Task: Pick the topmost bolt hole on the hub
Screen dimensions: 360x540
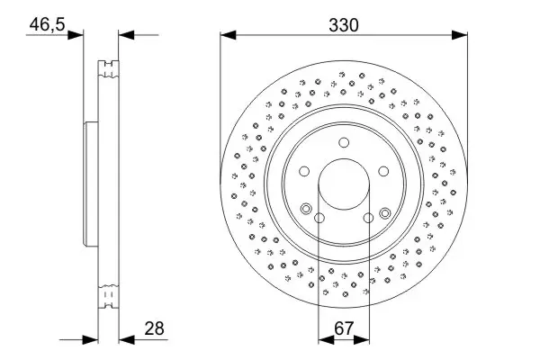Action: pos(345,142)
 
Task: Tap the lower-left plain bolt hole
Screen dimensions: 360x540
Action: pos(319,218)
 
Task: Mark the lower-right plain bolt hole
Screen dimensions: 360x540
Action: pos(369,218)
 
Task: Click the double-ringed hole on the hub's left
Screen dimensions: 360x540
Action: pos(307,211)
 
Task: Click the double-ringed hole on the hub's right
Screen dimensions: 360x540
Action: pos(385,212)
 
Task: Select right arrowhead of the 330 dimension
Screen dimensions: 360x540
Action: pos(462,36)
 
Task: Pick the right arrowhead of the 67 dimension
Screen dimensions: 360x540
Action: pos(364,340)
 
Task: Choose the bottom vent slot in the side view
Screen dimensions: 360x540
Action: pos(110,297)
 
